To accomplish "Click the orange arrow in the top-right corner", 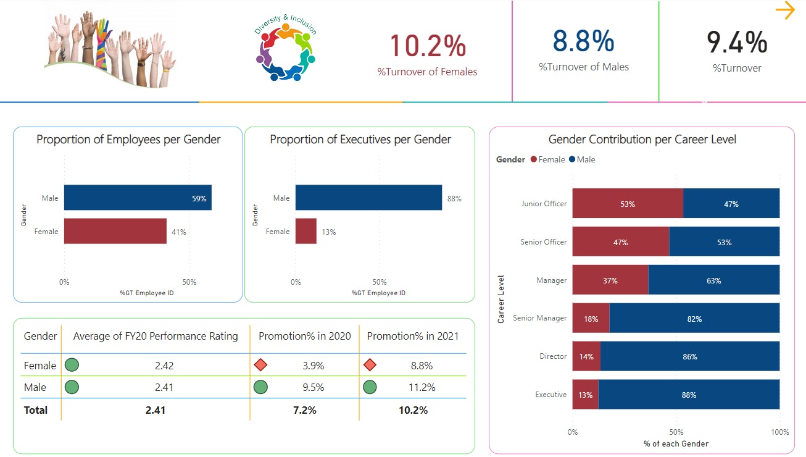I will click(785, 10).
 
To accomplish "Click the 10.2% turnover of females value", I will click(427, 46).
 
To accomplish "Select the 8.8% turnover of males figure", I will click(583, 41).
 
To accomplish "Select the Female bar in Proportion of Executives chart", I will click(306, 231).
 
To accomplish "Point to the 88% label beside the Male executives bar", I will click(454, 198).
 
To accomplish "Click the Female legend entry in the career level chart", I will click(547, 159).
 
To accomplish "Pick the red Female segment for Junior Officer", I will click(628, 204).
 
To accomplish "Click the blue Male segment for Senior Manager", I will click(694, 319).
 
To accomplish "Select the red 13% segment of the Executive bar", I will click(585, 395).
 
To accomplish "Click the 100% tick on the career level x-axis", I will click(779, 432).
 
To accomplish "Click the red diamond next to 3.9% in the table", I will click(260, 365).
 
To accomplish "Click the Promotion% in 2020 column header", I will click(304, 336).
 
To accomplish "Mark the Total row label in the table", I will click(36, 410).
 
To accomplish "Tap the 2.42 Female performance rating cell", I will click(164, 366).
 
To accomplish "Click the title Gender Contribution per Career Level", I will click(642, 140).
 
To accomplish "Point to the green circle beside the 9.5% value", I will click(260, 387).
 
